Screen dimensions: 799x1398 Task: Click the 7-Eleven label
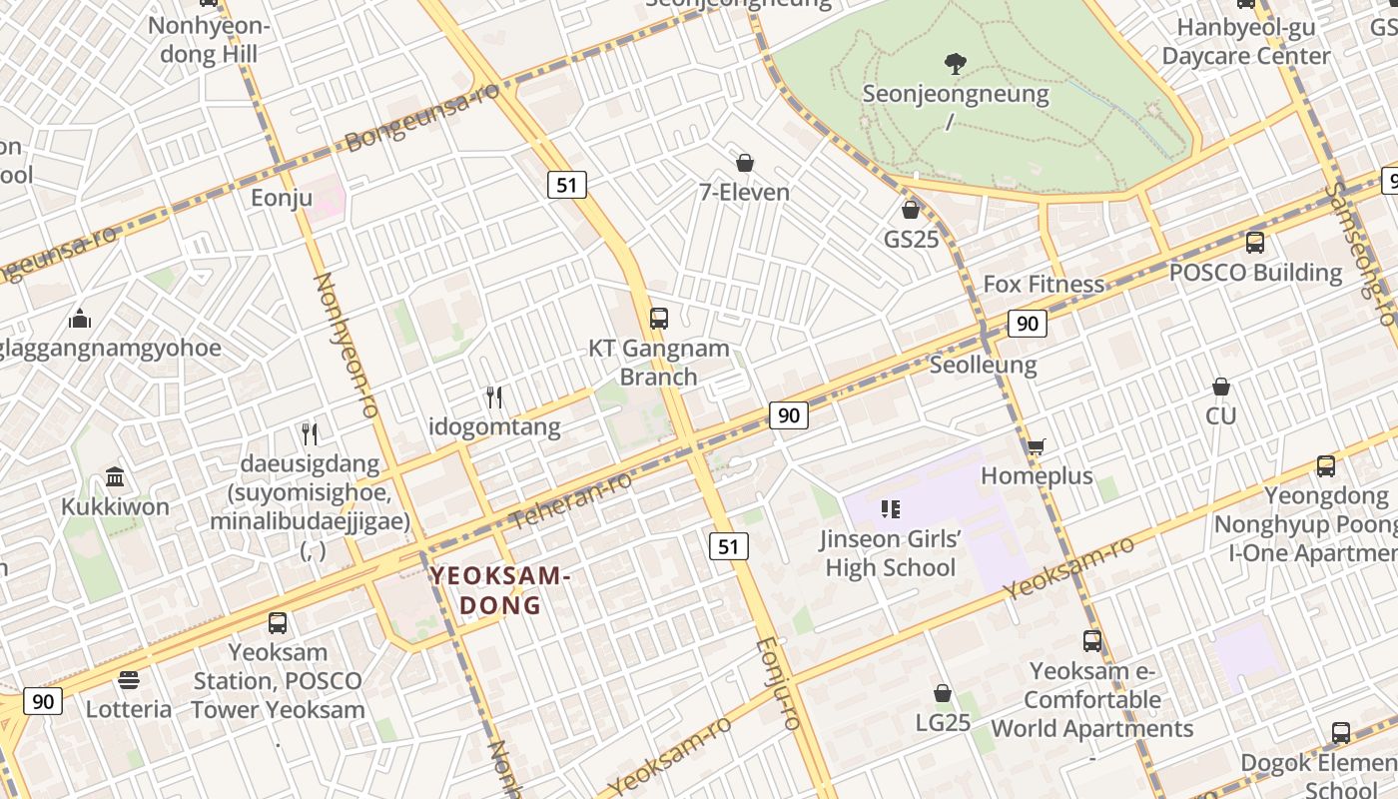click(744, 192)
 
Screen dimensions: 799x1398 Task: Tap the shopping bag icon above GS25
click(910, 210)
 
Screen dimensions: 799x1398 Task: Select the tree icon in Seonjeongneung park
click(956, 64)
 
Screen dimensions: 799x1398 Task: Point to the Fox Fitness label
click(1044, 284)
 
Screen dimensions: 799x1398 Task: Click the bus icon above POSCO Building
click(1255, 243)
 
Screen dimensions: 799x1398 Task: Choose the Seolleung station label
click(983, 365)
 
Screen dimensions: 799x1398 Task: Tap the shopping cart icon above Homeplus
click(1037, 446)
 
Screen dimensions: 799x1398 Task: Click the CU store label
click(1220, 415)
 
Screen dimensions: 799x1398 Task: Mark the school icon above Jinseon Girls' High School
click(891, 510)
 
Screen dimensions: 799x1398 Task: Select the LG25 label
click(943, 722)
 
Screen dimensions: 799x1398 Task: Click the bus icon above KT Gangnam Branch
click(659, 319)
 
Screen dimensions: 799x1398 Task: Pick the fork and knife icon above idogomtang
click(494, 398)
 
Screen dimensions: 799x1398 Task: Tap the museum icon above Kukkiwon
click(115, 476)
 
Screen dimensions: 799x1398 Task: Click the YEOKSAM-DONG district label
click(500, 590)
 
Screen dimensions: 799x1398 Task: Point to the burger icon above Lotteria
click(129, 680)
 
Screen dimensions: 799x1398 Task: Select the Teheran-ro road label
click(571, 500)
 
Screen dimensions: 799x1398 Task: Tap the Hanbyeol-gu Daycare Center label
click(1245, 41)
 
